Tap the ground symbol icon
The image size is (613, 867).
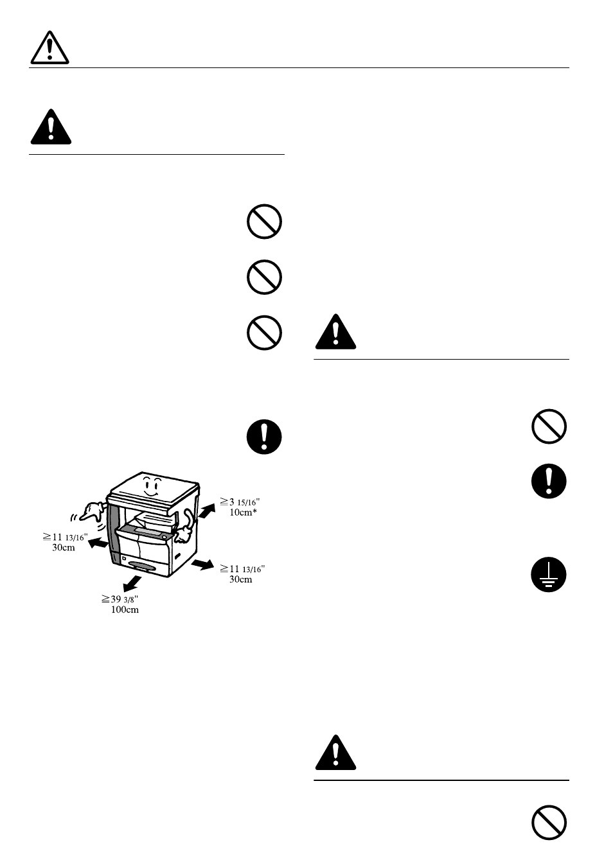pos(549,574)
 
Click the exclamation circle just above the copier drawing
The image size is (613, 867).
pos(264,437)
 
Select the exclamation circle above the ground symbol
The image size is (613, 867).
pos(549,480)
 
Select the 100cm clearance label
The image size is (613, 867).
pos(125,609)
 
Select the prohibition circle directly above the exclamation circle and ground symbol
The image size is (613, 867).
pos(549,426)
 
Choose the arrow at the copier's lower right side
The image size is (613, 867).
pos(202,564)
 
